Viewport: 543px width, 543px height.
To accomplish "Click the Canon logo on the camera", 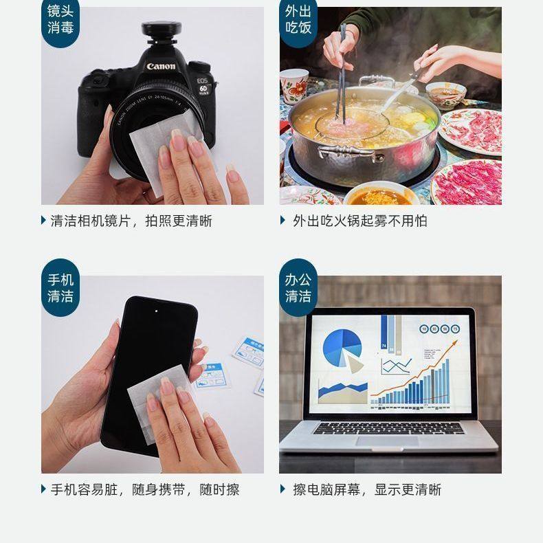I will click(160, 67).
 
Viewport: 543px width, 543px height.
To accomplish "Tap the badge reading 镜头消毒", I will click(60, 20).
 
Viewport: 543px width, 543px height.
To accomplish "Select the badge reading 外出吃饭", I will click(298, 20).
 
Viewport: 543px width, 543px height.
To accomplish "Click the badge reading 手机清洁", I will click(60, 288).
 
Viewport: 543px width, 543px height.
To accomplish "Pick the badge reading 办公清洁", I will click(298, 288).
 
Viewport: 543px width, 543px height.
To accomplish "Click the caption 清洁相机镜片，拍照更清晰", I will click(131, 221).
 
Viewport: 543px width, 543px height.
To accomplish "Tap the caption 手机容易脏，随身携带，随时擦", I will click(144, 489).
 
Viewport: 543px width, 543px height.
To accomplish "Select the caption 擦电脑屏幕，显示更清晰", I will click(366, 489).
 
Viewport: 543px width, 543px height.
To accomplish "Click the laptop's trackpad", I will click(389, 441).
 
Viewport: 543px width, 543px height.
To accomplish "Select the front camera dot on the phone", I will click(157, 310).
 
